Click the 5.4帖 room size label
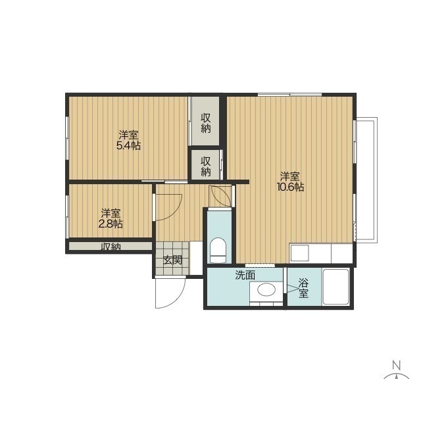pyautogui.click(x=128, y=146)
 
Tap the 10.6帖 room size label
pyautogui.click(x=290, y=187)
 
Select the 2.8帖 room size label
pyautogui.click(x=111, y=224)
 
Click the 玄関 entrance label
pyautogui.click(x=173, y=260)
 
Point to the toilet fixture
pyautogui.click(x=218, y=250)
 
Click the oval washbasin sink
pyautogui.click(x=266, y=289)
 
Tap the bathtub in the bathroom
pyautogui.click(x=335, y=287)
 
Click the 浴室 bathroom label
pyautogui.click(x=303, y=288)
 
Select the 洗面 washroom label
pyautogui.click(x=245, y=275)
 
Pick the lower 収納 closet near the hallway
pyautogui.click(x=206, y=166)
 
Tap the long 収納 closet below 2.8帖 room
pyautogui.click(x=111, y=246)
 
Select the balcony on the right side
pyautogui.click(x=366, y=180)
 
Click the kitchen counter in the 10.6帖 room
pyautogui.click(x=320, y=253)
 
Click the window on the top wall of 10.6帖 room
pyautogui.click(x=289, y=95)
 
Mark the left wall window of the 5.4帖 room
pyautogui.click(x=67, y=139)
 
